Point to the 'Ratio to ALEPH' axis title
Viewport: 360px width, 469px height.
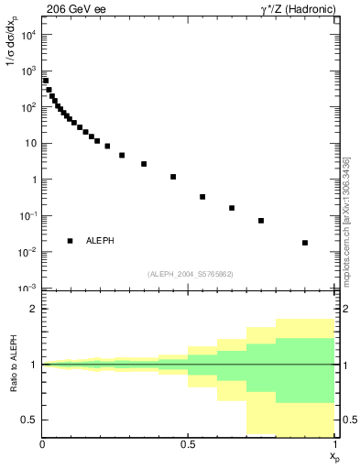tap(13, 365)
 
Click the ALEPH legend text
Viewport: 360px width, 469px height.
tap(100, 241)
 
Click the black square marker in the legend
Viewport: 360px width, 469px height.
tap(70, 241)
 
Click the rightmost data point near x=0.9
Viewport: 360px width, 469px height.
tap(305, 243)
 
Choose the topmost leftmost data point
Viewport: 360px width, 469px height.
tap(46, 81)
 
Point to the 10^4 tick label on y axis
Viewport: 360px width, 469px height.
tap(29, 35)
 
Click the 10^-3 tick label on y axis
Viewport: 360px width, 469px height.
tap(29, 289)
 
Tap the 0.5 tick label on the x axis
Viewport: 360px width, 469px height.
tap(189, 444)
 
